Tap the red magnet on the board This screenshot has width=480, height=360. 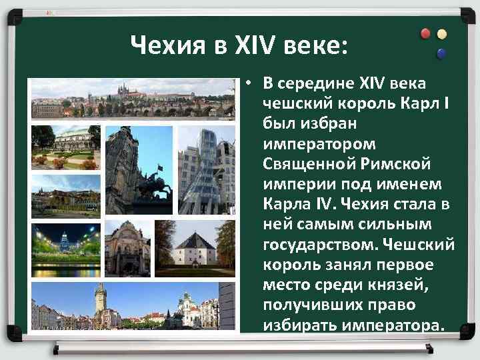[425, 34]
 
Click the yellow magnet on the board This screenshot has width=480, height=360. [441, 34]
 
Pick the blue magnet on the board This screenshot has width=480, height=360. [441, 53]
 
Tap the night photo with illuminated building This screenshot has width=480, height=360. [65, 249]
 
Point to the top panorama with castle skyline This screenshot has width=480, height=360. [133, 99]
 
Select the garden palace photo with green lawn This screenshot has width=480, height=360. [65, 147]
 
